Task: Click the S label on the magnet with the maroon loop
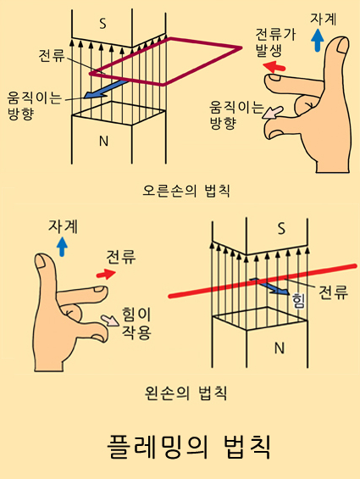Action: pyautogui.click(x=102, y=24)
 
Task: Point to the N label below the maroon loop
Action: pyautogui.click(x=103, y=141)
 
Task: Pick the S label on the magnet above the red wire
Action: pyautogui.click(x=281, y=227)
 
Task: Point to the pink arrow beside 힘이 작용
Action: pyautogui.click(x=111, y=321)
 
